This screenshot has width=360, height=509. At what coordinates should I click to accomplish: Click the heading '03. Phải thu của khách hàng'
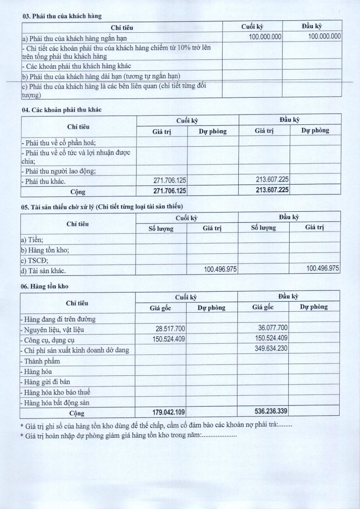click(x=61, y=16)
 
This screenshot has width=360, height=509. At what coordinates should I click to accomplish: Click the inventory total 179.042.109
click(x=168, y=412)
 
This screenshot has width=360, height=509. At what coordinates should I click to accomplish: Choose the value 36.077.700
click(x=273, y=328)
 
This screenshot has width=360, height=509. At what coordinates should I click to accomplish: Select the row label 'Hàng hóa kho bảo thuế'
click(x=58, y=392)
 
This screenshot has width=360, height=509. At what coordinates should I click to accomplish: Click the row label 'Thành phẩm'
click(x=42, y=361)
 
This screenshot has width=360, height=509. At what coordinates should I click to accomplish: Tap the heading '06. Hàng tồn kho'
click(x=45, y=286)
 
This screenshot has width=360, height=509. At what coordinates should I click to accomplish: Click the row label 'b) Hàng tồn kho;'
click(x=45, y=250)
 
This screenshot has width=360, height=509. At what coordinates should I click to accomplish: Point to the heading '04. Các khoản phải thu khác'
click(x=61, y=109)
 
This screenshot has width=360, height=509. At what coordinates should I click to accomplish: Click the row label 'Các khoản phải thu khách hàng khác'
click(x=76, y=66)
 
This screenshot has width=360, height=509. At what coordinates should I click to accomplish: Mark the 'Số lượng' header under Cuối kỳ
click(x=161, y=228)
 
